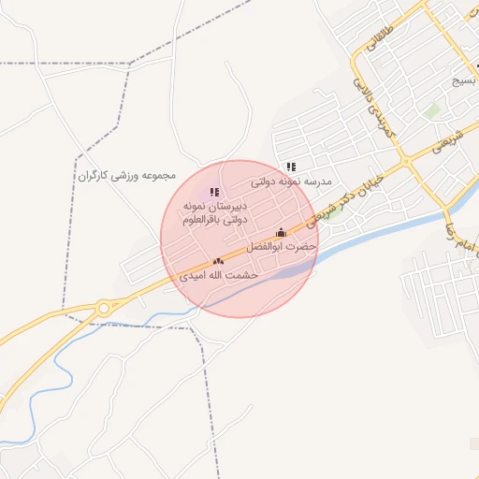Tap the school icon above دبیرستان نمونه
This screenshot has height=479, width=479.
214,192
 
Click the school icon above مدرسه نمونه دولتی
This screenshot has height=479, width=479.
291,167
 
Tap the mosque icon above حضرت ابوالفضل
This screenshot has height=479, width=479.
280,233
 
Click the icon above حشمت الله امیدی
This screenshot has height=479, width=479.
218,262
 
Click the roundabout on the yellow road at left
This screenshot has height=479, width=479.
106,306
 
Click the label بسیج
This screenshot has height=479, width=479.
464,81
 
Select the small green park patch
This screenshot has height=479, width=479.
431,110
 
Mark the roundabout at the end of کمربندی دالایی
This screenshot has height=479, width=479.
405,163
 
